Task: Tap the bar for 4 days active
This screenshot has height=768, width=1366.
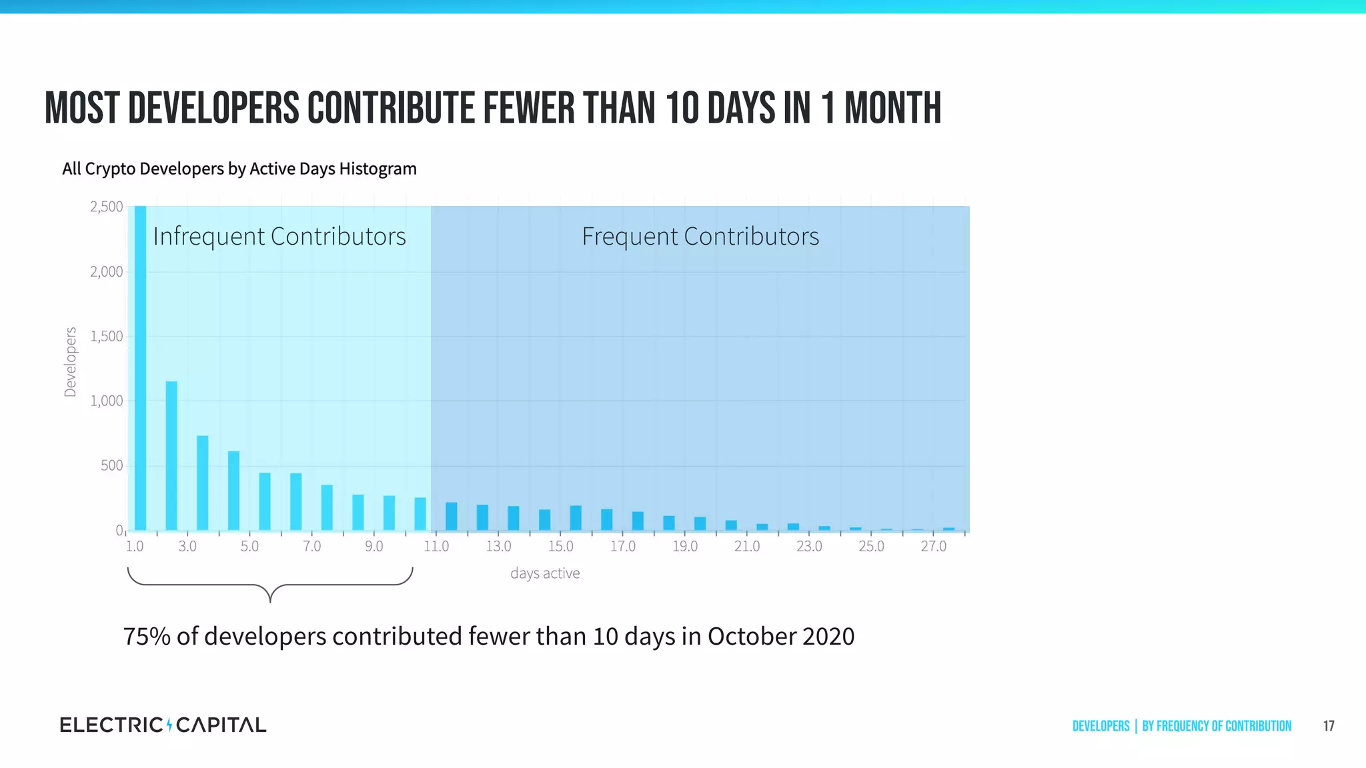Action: pos(233,491)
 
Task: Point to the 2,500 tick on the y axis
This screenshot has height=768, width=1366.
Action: pos(107,207)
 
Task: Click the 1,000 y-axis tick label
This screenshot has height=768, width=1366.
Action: pos(107,401)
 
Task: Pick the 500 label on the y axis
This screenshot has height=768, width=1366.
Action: pos(112,465)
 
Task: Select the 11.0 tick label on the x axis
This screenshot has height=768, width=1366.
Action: pos(436,547)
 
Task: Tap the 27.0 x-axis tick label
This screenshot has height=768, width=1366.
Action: pos(934,547)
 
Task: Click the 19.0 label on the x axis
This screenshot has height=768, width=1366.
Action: pos(685,547)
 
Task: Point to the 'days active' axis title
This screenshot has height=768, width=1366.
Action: pos(545,573)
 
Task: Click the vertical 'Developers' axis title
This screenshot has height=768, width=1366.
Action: pos(70,362)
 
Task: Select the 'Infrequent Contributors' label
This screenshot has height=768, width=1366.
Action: pos(279,237)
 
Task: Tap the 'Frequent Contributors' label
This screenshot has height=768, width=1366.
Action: pos(700,237)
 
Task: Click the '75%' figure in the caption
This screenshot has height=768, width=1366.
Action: pos(147,637)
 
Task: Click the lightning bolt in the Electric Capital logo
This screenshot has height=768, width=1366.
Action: pos(169,725)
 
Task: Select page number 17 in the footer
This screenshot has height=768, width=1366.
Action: pos(1329,726)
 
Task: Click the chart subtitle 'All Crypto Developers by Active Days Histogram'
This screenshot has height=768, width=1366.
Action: pos(239,169)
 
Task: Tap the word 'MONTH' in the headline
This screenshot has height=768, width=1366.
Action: pos(892,108)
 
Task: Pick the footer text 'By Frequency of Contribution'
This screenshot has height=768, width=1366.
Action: pos(1217,726)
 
